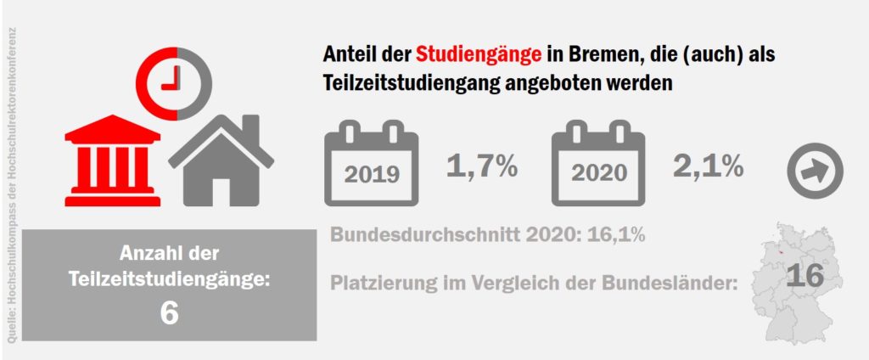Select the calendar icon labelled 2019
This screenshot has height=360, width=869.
(372, 163)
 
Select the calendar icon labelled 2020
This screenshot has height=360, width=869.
(598, 163)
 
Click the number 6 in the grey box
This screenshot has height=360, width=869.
(168, 314)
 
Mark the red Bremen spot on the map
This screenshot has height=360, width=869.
(774, 252)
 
